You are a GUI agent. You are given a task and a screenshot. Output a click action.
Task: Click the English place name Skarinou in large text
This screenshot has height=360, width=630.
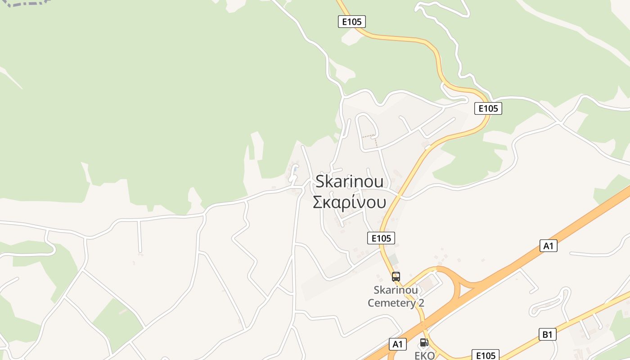coord(350,181)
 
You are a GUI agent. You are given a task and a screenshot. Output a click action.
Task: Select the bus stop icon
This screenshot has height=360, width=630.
coord(396,277)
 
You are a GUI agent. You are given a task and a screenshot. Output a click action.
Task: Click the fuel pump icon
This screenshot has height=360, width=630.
coord(424,342)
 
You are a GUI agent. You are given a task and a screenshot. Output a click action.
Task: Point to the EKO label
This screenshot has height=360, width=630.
coord(424,355)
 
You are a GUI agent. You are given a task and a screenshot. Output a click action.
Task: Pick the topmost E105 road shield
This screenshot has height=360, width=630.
coord(352,22)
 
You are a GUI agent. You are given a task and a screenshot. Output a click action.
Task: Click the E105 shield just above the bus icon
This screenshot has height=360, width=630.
coord(381,238)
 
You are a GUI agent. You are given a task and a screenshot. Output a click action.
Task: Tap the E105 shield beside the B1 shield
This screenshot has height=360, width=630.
coord(486,355)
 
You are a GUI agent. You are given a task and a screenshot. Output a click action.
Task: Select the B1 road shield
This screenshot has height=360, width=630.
coord(547,334)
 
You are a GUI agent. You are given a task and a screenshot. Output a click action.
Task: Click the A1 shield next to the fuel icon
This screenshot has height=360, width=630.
coord(397,344)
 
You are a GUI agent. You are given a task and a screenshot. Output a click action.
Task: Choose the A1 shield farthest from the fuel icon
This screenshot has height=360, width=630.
coord(548,246)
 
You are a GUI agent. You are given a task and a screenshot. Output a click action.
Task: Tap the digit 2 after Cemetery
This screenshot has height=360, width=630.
coord(421,303)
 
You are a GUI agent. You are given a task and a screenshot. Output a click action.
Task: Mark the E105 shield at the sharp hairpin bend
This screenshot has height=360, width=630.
coord(488,108)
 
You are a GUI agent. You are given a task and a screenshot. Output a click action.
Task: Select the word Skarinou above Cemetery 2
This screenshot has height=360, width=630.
coord(396,290)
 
